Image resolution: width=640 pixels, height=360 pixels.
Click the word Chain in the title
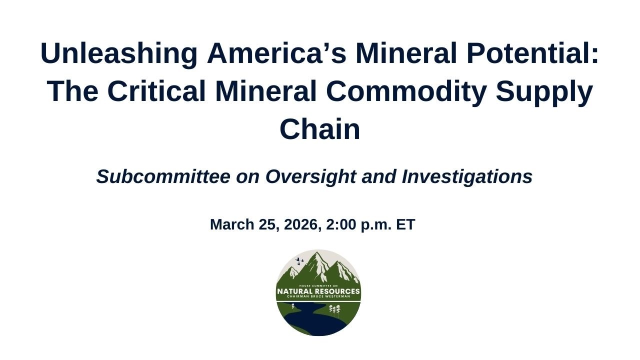click(x=319, y=129)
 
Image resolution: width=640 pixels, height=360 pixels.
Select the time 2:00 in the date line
click(x=341, y=224)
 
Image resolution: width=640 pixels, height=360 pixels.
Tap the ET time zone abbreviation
click(x=405, y=224)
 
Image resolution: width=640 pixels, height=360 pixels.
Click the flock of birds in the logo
click(x=299, y=261)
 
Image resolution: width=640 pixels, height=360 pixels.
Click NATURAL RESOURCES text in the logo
click(x=318, y=291)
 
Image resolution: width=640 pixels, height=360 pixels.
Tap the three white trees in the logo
click(x=334, y=310)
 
